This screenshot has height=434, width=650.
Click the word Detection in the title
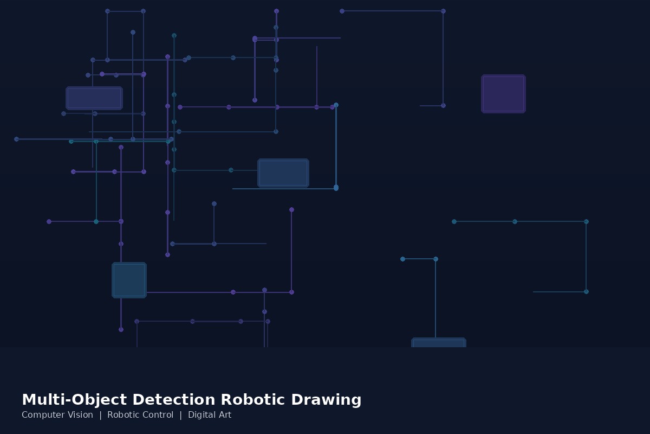pos(174,399)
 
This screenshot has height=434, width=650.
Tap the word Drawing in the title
pos(326,400)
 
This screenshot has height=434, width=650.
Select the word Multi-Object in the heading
pos(74,400)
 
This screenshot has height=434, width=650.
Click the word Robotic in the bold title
pos(253,399)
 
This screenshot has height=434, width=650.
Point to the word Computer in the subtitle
pos(40,415)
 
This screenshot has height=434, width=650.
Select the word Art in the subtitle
pos(225,415)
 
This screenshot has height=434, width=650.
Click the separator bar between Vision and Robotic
pos(100,415)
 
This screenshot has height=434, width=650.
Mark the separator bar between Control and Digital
pos(181,415)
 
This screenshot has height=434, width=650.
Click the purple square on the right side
pos(503,94)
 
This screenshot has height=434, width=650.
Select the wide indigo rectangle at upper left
pos(94,98)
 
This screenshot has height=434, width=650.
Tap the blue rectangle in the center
pos(283,173)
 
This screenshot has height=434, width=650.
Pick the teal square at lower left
pos(129,280)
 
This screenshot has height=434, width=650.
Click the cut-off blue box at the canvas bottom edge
pos(439,342)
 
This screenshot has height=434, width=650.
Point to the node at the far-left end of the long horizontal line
pos(17,139)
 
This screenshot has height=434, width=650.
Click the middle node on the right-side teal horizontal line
pos(515,221)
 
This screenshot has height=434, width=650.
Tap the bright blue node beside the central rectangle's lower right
pos(336,188)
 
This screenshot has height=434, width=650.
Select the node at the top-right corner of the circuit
pos(444,11)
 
